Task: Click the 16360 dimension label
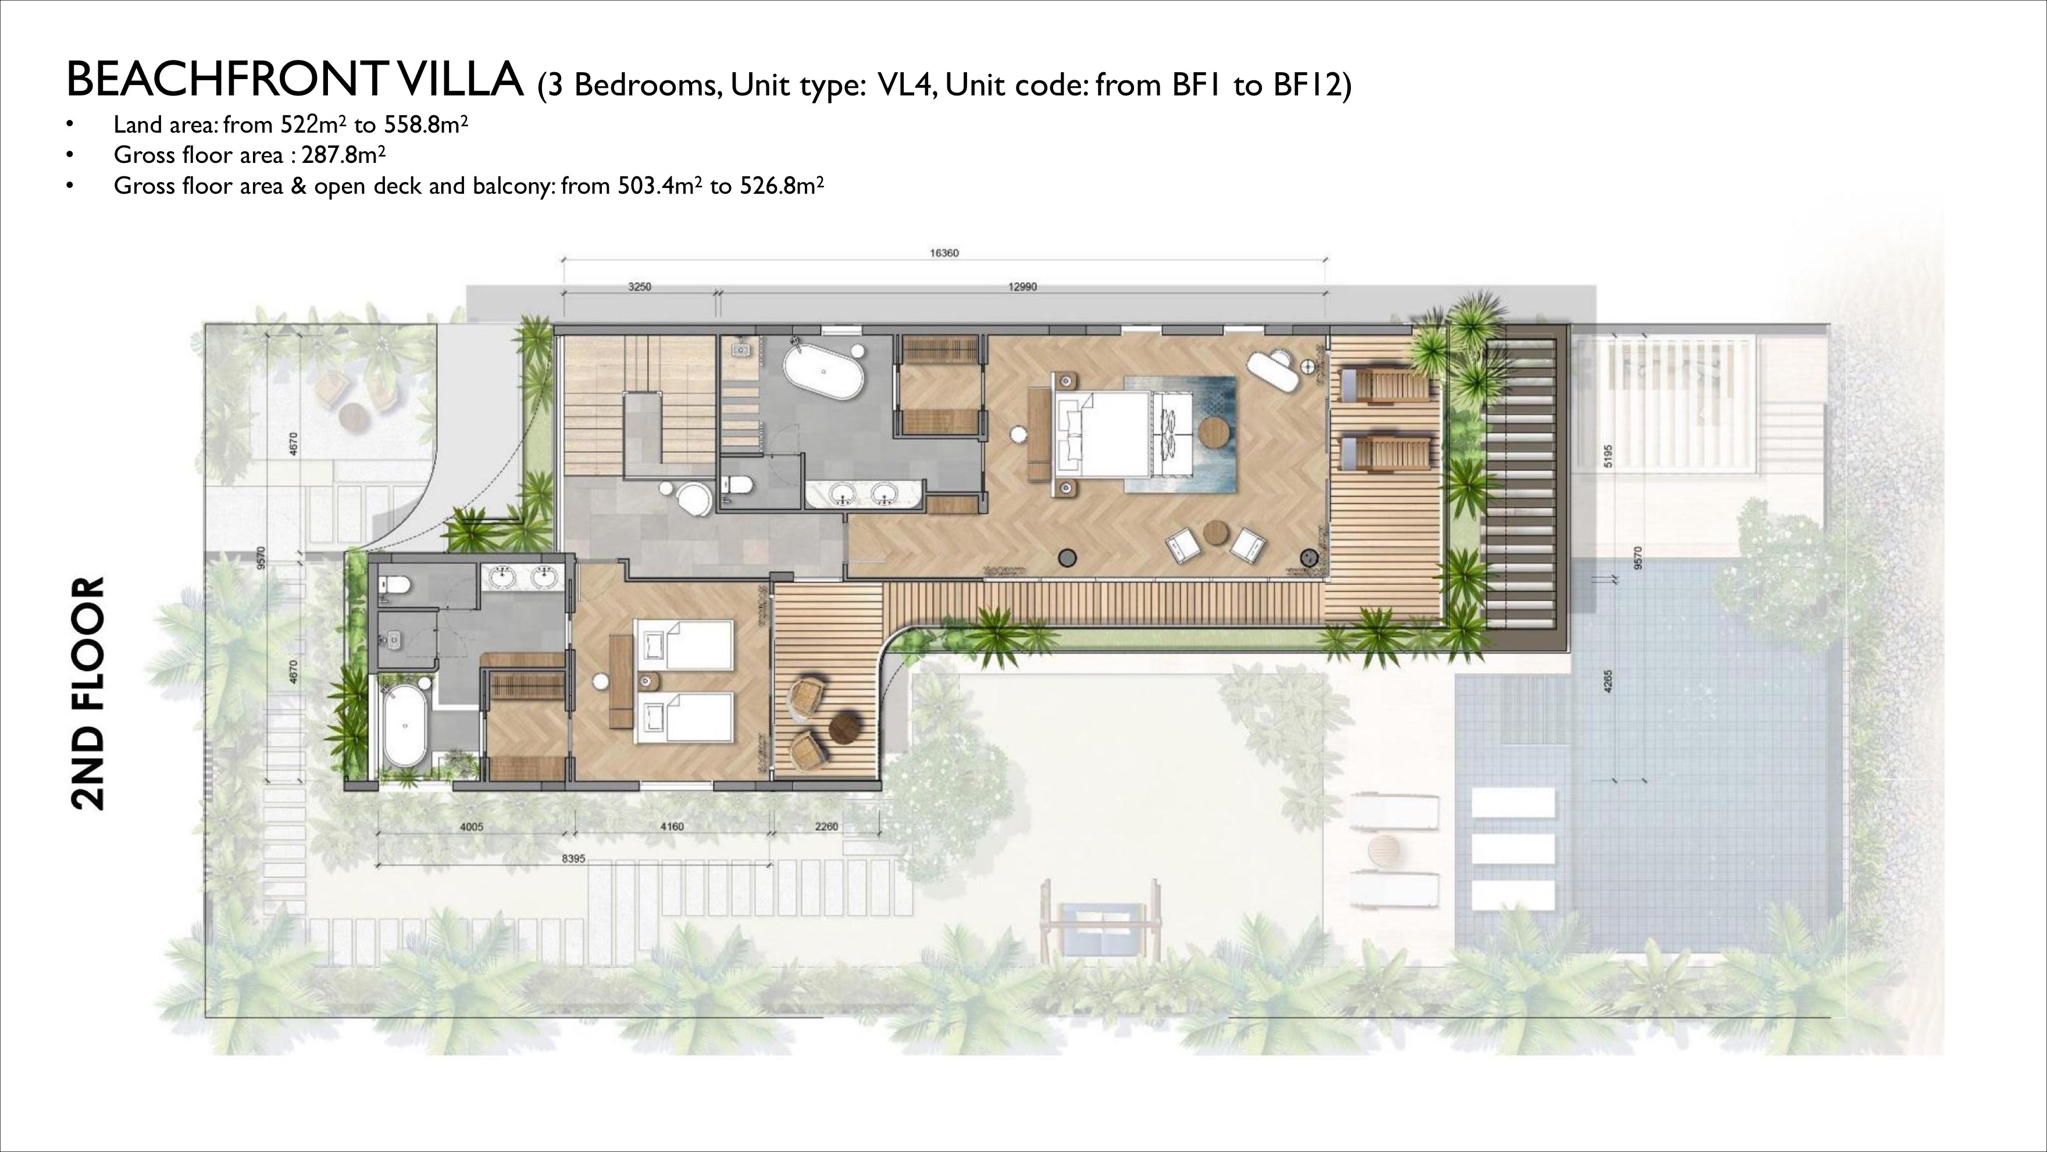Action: point(944,254)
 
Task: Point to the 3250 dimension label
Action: point(639,287)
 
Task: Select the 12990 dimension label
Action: point(1022,287)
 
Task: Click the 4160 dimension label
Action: point(672,827)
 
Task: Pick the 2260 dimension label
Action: point(826,827)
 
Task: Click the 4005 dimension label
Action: point(471,827)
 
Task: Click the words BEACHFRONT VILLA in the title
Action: point(294,80)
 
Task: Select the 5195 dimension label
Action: point(1609,456)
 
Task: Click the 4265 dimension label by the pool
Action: point(1609,681)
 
